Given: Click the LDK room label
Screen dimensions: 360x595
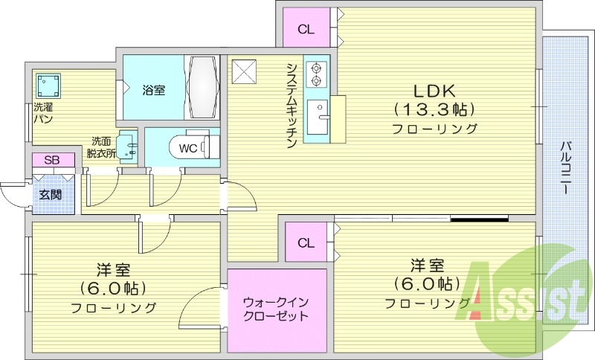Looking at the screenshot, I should pyautogui.click(x=435, y=91).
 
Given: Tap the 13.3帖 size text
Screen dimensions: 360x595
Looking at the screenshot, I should pyautogui.click(x=435, y=110).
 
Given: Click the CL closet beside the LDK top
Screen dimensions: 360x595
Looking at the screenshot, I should pyautogui.click(x=306, y=30).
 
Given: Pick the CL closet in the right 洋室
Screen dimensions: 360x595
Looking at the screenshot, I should pyautogui.click(x=306, y=243).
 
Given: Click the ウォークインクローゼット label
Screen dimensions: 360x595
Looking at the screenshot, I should pyautogui.click(x=276, y=309).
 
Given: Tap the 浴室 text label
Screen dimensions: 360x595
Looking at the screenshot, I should pyautogui.click(x=154, y=90).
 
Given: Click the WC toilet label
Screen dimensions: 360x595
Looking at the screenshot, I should pyautogui.click(x=188, y=148).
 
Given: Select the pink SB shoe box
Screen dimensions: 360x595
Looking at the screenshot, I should pyautogui.click(x=53, y=160).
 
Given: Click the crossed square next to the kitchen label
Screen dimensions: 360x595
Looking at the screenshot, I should pyautogui.click(x=243, y=71).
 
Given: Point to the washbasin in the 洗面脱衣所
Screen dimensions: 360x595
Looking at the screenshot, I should pyautogui.click(x=128, y=146).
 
